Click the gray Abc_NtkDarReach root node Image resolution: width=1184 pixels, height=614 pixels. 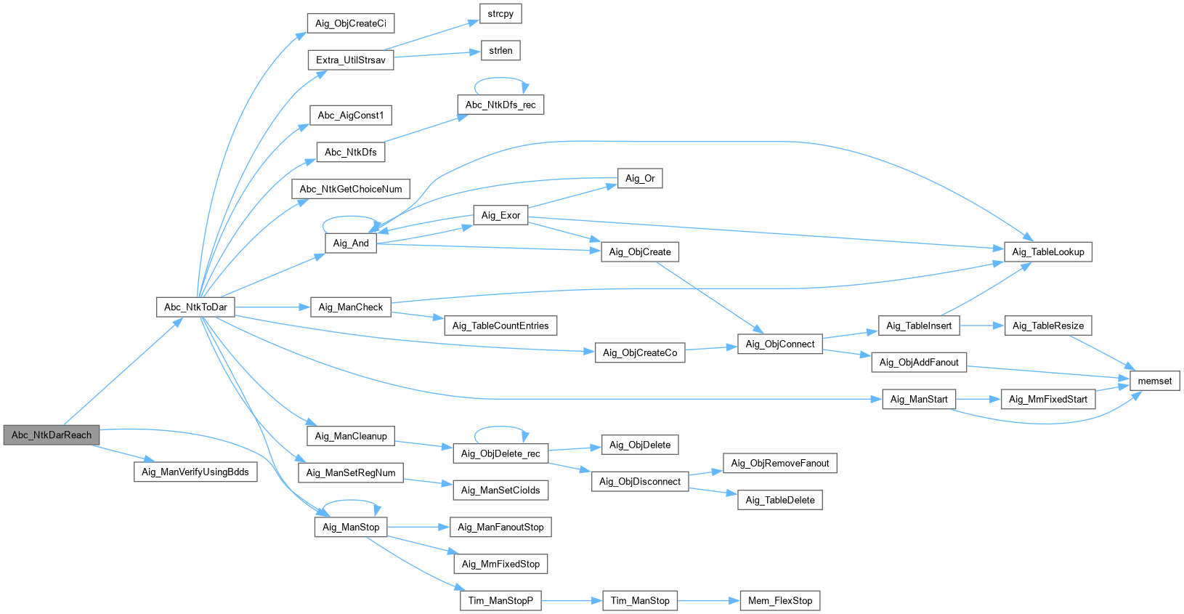tap(52, 435)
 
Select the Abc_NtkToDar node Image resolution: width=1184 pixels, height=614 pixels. tap(195, 307)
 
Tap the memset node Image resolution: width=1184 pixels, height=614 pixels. tap(1154, 381)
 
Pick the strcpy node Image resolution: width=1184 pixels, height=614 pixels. tap(500, 14)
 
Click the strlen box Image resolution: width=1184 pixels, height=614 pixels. tap(500, 51)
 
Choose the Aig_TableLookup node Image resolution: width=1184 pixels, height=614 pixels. tap(1047, 252)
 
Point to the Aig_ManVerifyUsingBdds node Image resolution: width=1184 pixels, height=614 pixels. tap(195, 472)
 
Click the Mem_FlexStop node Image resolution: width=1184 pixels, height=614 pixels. tap(780, 601)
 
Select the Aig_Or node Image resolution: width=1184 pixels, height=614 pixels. tap(640, 179)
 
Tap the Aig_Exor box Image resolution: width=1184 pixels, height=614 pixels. tap(500, 216)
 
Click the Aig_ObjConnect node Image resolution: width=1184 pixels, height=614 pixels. tap(780, 344)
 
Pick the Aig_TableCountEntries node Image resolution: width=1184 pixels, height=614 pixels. tap(500, 326)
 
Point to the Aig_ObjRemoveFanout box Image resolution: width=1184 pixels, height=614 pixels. tap(780, 464)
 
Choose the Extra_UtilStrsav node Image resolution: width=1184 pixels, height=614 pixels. tap(351, 60)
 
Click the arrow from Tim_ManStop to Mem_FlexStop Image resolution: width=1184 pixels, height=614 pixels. tap(708, 601)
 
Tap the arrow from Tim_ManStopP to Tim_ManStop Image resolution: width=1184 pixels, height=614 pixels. tap(572, 601)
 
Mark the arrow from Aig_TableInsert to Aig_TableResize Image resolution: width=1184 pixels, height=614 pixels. tap(981, 326)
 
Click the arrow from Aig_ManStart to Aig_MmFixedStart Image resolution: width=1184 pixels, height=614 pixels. tap(978, 399)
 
